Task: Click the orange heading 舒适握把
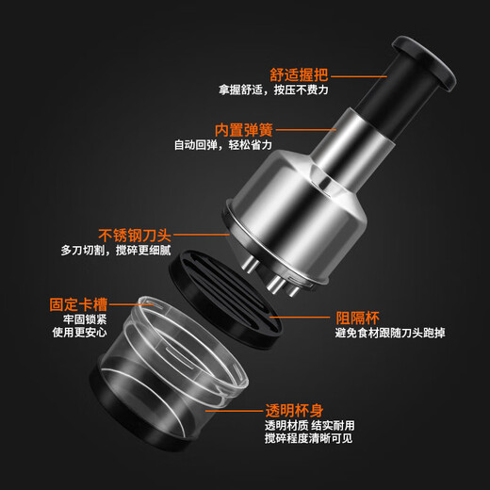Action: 299,74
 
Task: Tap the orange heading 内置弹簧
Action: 244,129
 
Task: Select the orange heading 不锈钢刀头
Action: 135,235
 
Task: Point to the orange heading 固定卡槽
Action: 78,304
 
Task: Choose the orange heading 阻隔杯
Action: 357,318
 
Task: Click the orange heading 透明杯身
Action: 294,410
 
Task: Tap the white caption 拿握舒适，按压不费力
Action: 273,90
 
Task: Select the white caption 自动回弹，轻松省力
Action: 223,145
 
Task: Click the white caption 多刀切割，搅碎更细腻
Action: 116,251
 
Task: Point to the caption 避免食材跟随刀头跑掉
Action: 390,333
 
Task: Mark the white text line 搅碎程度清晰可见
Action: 308,438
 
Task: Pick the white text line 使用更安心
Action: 80,332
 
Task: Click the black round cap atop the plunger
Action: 423,62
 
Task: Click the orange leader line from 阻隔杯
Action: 300,317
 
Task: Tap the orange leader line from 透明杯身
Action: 236,410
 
